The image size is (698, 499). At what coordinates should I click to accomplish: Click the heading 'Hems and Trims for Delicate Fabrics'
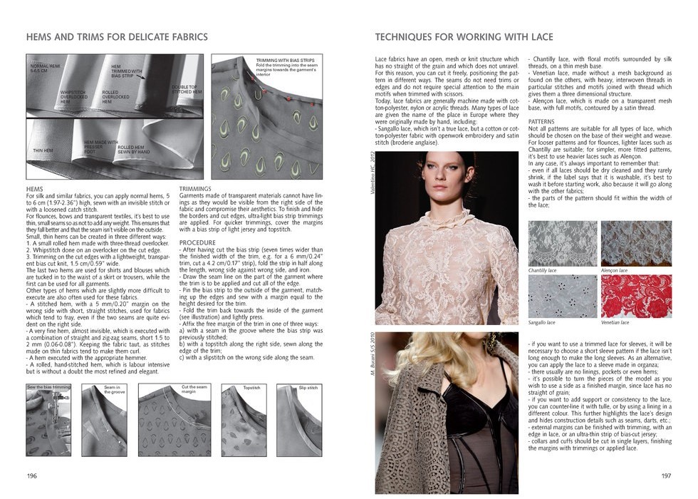[x=117, y=36]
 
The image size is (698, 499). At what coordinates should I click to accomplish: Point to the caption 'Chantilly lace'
[x=543, y=271]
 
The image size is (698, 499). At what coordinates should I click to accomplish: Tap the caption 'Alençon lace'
[x=615, y=271]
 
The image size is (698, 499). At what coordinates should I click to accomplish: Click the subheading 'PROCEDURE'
[x=197, y=242]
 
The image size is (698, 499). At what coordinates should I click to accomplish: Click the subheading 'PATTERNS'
[x=542, y=121]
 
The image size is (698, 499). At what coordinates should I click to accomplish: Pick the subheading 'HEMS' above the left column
[x=34, y=188]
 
